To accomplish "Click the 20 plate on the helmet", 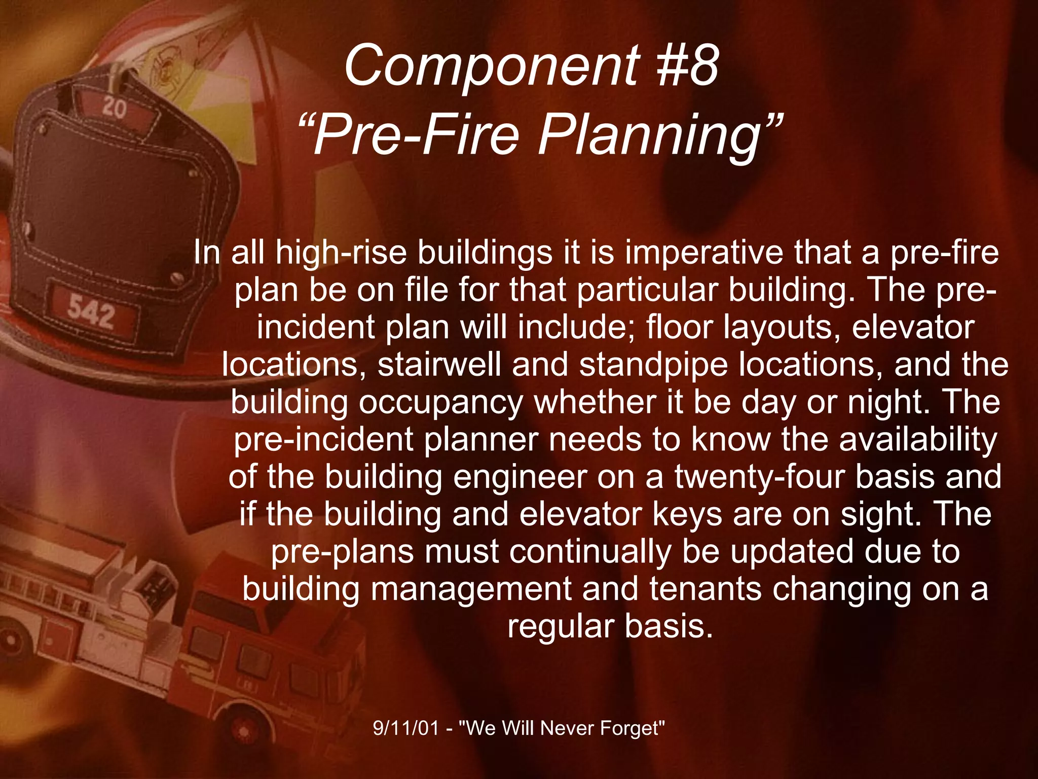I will point(115,109).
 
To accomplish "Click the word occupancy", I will point(441,403).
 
